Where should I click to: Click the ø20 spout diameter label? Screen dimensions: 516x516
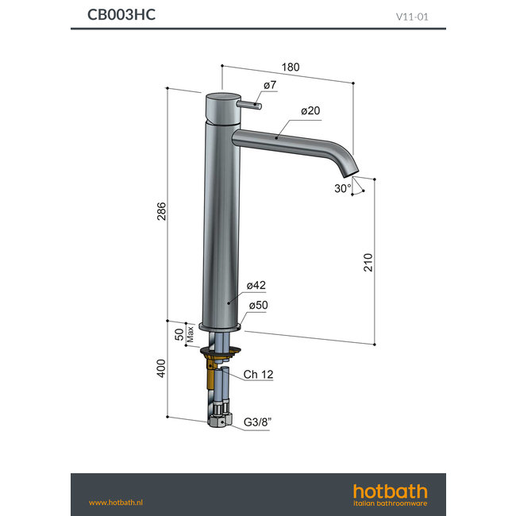310,111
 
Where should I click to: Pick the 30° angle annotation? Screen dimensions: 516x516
343,189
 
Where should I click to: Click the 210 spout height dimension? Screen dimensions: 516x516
368,262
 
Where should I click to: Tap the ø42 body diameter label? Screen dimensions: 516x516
255,285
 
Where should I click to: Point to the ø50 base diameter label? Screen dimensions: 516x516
257,306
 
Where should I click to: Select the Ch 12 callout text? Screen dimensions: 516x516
258,374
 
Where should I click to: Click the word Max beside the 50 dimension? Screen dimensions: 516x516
191,333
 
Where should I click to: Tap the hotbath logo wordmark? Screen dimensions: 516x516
390,490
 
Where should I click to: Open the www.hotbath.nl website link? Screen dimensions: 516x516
114,503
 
